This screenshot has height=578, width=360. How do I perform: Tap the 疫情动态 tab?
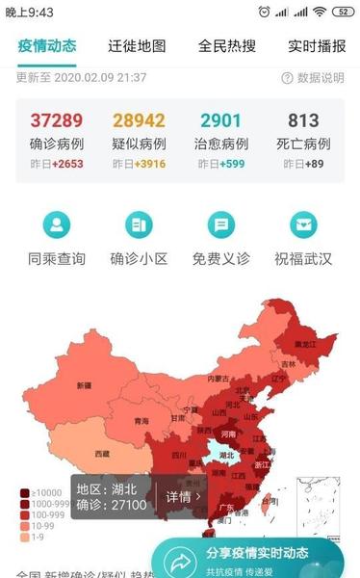pyautogui.click(x=46, y=45)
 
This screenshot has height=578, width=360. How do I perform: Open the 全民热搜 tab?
pyautogui.click(x=227, y=45)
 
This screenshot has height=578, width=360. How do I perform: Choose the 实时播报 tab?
pyautogui.click(x=317, y=45)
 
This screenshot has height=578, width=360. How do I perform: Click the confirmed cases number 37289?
pyautogui.click(x=57, y=120)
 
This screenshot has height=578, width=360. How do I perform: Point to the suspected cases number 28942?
pyautogui.click(x=139, y=120)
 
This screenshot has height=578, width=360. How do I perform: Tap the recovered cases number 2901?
pyautogui.click(x=221, y=120)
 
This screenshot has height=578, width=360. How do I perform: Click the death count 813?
pyautogui.click(x=304, y=120)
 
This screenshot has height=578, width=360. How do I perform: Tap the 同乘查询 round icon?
pyautogui.click(x=57, y=226)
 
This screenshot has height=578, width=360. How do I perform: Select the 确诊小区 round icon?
pyautogui.click(x=139, y=226)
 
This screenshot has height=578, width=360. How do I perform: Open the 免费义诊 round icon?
pyautogui.click(x=221, y=226)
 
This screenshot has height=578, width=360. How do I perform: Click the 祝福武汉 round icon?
pyautogui.click(x=303, y=226)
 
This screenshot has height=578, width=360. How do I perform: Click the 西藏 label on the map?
pyautogui.click(x=101, y=452)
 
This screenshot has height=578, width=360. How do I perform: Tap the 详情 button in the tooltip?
pyautogui.click(x=183, y=497)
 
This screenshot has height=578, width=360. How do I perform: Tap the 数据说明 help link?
pyautogui.click(x=313, y=78)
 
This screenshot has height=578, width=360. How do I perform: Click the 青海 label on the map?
pyautogui.click(x=141, y=421)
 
